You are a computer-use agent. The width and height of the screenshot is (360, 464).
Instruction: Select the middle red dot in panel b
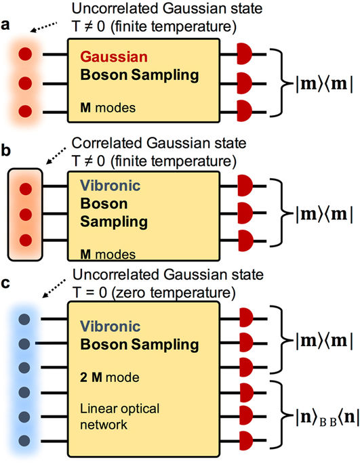click(x=26, y=214)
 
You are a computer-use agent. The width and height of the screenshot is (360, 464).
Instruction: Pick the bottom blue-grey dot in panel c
click(x=26, y=440)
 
